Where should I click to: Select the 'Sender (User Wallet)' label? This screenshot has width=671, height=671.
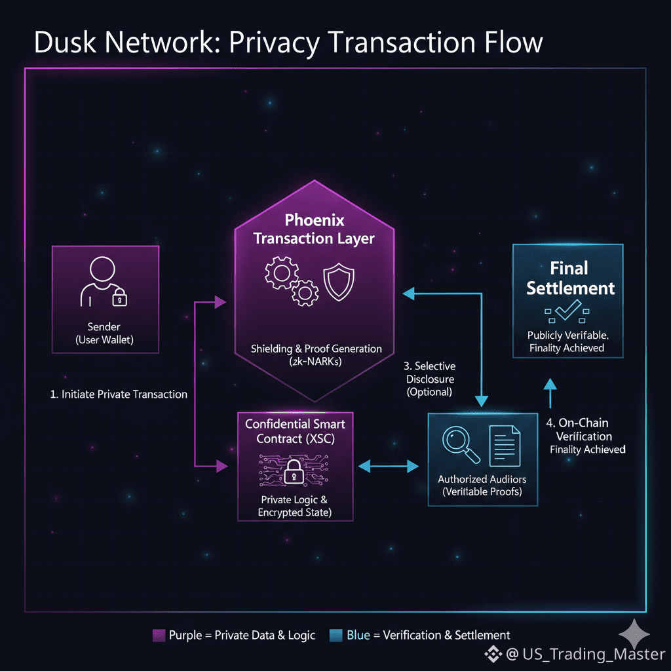tap(105, 333)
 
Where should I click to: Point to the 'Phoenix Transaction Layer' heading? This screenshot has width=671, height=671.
tap(314, 229)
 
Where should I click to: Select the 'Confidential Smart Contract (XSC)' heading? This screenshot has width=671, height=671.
tap(295, 431)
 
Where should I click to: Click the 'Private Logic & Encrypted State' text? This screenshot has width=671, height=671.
tap(295, 506)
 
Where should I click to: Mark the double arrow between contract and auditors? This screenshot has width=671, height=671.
tap(390, 466)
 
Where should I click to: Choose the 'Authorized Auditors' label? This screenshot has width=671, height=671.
tap(482, 480)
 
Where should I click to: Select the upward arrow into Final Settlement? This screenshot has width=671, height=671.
tap(550, 393)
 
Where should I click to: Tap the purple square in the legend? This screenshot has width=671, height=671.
tap(158, 634)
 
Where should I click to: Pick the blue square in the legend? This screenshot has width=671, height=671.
tap(335, 634)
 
